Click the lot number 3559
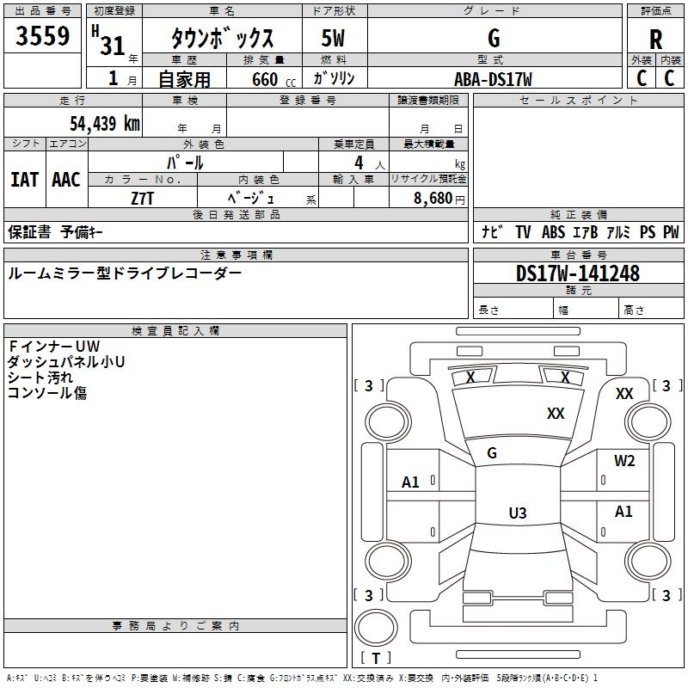pos(42,35)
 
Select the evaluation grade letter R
pos(655,40)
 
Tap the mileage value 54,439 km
pos(105,123)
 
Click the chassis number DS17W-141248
pos(578,273)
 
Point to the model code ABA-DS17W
pos(493,79)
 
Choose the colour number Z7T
pos(142,199)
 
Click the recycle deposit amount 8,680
pos(433,198)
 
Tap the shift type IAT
pos(25,180)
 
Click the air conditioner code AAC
pos(66,180)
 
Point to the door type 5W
pos(333,38)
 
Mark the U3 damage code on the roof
pos(518,513)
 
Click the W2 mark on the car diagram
pos(624,461)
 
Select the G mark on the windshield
pos(492,453)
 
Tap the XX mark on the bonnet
pos(556,413)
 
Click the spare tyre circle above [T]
pos(376,627)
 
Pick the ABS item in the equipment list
pos(553,232)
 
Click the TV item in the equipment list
pos(523,232)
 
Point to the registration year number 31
pos(113,46)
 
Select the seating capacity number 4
pos(359,163)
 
